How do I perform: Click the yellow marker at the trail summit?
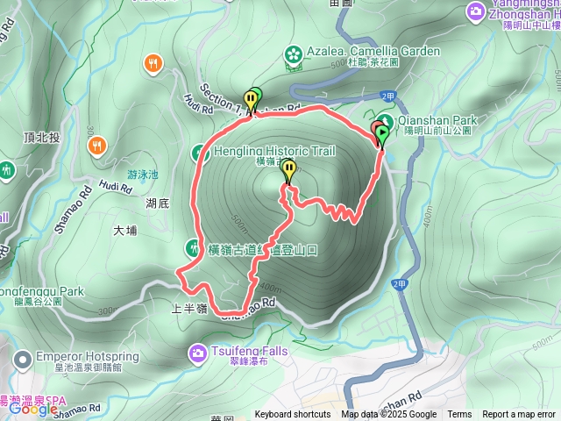(x=288, y=173)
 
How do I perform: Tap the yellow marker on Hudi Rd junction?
(x=252, y=99)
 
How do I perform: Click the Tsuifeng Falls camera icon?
(x=198, y=352)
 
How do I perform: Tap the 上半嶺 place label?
(x=189, y=308)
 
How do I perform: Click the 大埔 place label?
(x=125, y=231)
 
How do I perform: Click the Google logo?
(x=32, y=409)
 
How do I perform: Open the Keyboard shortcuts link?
(x=293, y=415)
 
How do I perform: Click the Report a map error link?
(x=520, y=415)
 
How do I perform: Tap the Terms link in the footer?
(x=459, y=415)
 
